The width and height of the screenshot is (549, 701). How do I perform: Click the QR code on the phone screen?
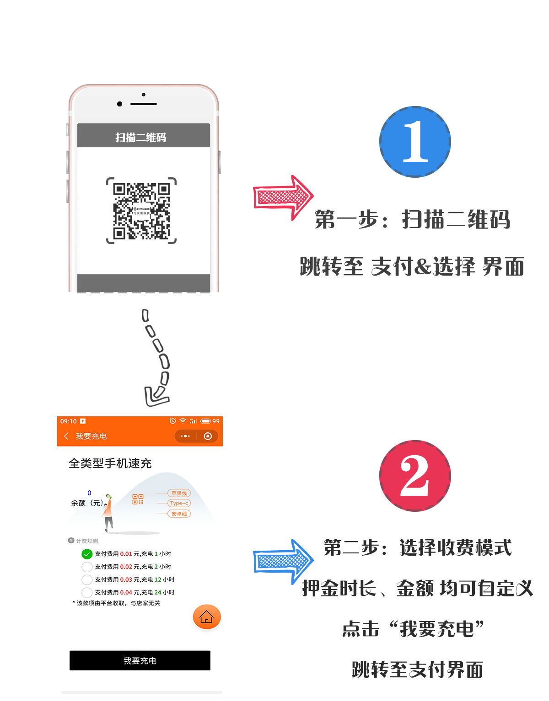[x=141, y=211]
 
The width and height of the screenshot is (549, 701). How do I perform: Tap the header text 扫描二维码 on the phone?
[x=140, y=137]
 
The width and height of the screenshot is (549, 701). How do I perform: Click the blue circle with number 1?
[x=415, y=142]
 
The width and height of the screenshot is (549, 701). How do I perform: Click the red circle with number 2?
[x=415, y=476]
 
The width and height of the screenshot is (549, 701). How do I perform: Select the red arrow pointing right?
[x=283, y=197]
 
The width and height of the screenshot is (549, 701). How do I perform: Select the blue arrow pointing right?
[x=283, y=561]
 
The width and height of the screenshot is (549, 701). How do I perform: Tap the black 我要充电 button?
[x=140, y=660]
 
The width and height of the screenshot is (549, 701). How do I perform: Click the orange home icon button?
[x=207, y=617]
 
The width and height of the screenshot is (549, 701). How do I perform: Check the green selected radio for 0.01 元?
[x=87, y=554]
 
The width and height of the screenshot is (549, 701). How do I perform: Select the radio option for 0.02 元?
[x=87, y=567]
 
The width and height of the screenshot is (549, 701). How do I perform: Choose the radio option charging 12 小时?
[x=87, y=579]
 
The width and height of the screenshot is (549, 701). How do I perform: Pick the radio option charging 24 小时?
[x=87, y=592]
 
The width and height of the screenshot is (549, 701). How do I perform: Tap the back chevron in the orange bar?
[x=66, y=436]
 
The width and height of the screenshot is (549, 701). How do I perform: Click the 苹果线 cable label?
[x=179, y=493]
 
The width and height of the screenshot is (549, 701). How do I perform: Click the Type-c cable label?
[x=179, y=503]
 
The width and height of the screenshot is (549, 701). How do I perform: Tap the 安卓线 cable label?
[x=179, y=514]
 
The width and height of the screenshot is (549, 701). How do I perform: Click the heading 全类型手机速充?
[x=110, y=463]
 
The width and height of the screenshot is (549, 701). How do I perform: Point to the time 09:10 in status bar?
[x=69, y=421]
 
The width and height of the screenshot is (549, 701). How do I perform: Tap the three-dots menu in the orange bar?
[x=185, y=436]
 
